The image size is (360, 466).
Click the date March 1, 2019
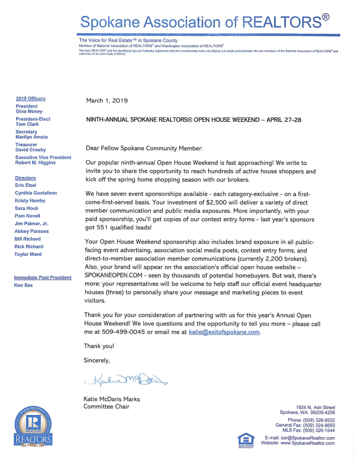(x=107, y=101)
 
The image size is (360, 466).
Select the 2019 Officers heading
(x=31, y=99)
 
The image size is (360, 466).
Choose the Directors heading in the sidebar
(x=25, y=178)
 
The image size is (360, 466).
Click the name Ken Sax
(x=23, y=285)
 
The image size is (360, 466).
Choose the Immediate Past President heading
(x=43, y=277)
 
